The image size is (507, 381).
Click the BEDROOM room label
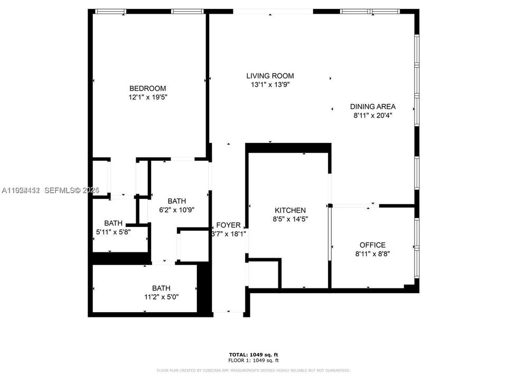[x=148, y=88]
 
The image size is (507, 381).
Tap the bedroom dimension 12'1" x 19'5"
[x=148, y=97]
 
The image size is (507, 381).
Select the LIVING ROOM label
[x=270, y=76]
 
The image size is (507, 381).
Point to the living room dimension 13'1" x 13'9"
[x=270, y=85]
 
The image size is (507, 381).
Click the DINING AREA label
[x=372, y=106]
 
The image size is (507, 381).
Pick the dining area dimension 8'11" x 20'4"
[x=372, y=115]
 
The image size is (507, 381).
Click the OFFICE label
[x=372, y=245]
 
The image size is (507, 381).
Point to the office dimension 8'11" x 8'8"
[x=372, y=254]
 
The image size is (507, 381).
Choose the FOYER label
[x=228, y=225]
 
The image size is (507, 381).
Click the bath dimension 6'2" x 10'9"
[x=177, y=210]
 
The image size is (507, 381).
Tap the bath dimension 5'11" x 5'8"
[x=113, y=231]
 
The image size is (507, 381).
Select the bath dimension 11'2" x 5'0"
[x=161, y=297]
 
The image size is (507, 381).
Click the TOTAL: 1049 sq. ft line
[x=253, y=354]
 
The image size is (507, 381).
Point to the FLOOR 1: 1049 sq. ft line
[x=253, y=360]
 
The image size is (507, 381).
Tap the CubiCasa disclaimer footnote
[x=253, y=370]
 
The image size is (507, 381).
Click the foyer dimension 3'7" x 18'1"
[x=228, y=233]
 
